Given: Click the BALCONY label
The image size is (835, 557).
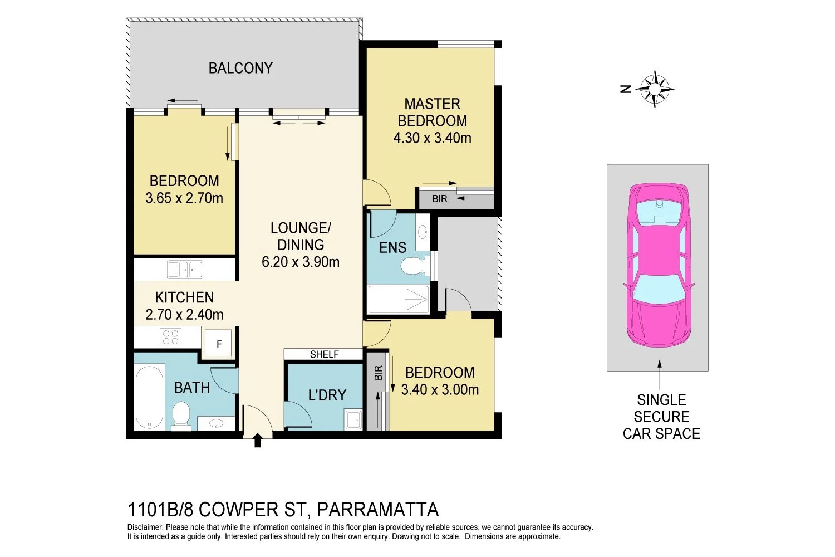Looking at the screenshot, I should (x=240, y=68).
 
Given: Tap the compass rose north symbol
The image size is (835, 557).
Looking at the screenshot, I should (x=654, y=89).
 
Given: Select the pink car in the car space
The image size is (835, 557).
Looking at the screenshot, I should (x=659, y=265).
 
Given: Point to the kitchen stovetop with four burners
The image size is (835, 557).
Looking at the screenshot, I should (x=170, y=337).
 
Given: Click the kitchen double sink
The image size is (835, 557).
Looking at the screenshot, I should (x=185, y=270).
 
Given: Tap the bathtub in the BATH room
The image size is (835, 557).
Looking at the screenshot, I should (x=149, y=397).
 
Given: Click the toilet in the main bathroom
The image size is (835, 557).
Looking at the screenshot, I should (x=181, y=417).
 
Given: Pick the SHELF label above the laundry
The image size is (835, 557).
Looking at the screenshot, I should (x=324, y=354).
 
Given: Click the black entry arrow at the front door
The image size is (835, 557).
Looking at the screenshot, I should (x=257, y=441).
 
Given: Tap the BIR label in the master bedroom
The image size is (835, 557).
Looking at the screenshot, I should (x=440, y=199).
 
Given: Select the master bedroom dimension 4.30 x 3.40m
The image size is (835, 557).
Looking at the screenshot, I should (x=432, y=138).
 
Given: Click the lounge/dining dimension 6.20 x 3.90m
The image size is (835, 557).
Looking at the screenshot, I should (x=301, y=262).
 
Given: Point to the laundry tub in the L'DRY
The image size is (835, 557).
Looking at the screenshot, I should (x=353, y=419).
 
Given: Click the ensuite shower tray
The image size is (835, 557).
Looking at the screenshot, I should (x=399, y=300).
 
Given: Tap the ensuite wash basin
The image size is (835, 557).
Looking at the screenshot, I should (x=423, y=231).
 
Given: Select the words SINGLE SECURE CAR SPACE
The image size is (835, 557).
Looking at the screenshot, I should (x=661, y=417).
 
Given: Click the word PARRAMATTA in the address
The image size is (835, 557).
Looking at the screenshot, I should (x=377, y=509).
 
